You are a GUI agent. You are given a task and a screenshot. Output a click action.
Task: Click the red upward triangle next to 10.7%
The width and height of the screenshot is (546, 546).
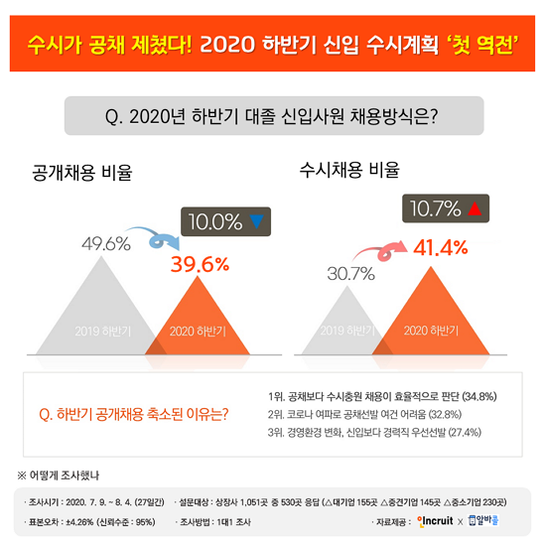(474, 209)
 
